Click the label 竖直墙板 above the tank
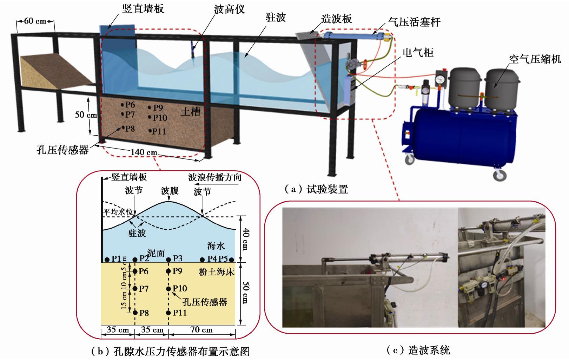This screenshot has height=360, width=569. [143, 9]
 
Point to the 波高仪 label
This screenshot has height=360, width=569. [229, 9]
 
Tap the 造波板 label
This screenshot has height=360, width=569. [337, 19]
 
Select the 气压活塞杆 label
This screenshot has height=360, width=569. [415, 22]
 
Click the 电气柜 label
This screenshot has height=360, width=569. [418, 53]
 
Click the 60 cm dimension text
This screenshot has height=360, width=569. [35, 21]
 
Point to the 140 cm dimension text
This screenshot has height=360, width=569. [144, 152]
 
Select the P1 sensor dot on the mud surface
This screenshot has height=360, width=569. [107, 260]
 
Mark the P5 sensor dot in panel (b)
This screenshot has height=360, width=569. [231, 260]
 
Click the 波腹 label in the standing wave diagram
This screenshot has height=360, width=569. [170, 191]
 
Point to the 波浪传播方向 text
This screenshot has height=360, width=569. [215, 177]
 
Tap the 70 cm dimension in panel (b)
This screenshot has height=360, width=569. [201, 330]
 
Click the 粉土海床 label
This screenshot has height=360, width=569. [216, 272]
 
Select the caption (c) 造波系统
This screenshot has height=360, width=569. [418, 350]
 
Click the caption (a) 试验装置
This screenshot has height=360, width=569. [316, 190]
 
